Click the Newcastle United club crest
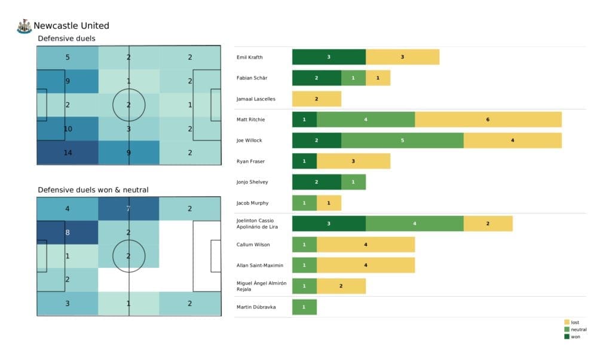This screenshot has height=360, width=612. (25, 26)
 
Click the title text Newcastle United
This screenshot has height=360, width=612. (71, 26)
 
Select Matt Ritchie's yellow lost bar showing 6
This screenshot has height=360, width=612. (488, 120)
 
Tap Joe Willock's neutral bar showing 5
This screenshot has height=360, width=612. (402, 141)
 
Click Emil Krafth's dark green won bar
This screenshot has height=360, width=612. (329, 57)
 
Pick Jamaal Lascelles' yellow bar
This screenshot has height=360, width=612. (316, 99)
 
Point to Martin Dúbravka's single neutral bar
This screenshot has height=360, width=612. (304, 307)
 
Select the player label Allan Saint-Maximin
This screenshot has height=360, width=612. (260, 265)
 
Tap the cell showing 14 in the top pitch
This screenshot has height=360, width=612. (68, 152)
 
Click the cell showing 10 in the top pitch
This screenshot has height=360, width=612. (68, 129)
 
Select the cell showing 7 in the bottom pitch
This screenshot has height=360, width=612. (128, 209)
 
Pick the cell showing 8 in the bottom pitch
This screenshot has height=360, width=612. (68, 233)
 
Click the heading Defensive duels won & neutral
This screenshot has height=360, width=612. (93, 190)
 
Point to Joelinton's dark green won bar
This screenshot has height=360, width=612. (329, 224)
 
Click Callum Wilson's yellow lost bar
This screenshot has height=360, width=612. (365, 245)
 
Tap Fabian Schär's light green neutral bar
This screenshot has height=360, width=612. (353, 78)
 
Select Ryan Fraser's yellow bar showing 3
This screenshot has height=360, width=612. (353, 161)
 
